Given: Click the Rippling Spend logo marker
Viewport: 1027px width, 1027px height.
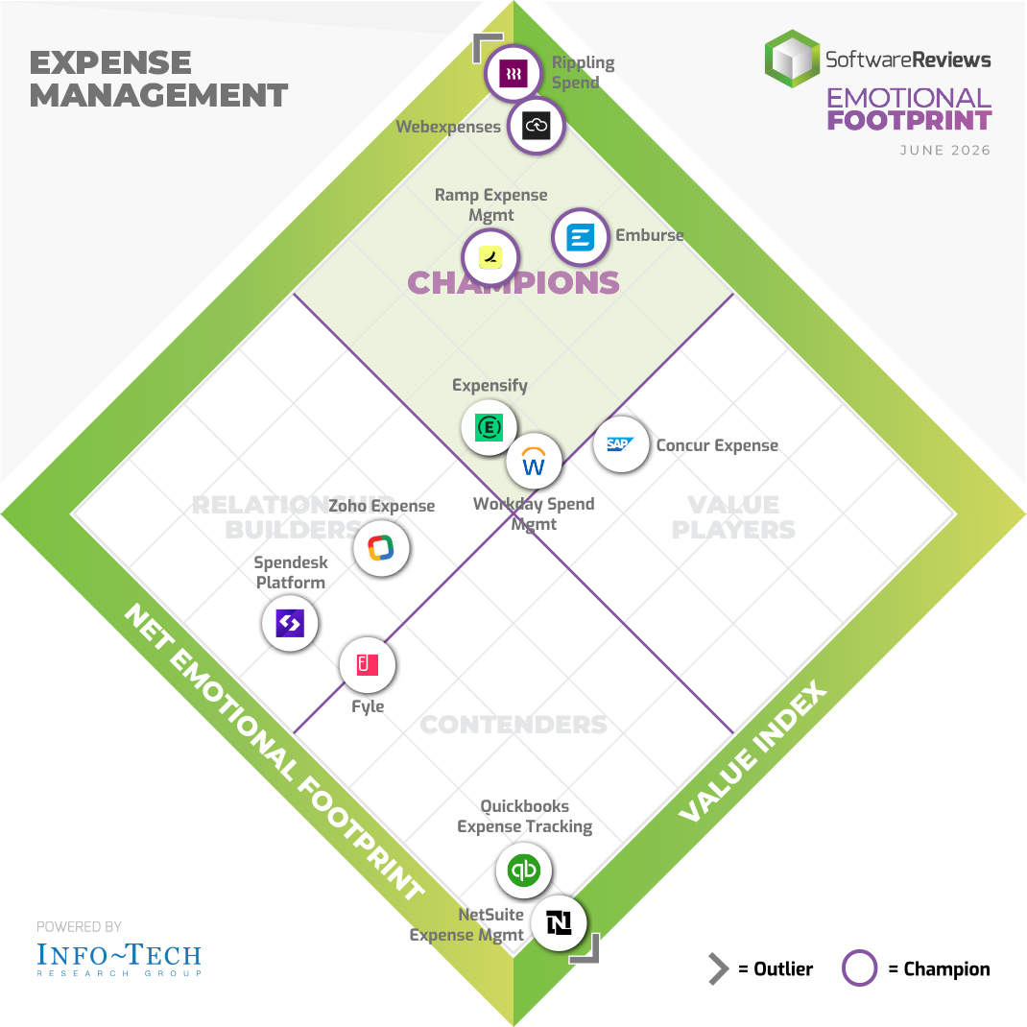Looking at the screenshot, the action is pos(513,73).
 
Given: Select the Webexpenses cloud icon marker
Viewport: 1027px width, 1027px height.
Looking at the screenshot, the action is pos(536,126).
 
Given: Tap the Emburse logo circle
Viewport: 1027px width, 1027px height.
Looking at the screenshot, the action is pos(580,237).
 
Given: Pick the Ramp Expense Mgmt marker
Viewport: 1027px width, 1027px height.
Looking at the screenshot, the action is pos(490,257).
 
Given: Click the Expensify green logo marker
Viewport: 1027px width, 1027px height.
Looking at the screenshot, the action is pos(489,428).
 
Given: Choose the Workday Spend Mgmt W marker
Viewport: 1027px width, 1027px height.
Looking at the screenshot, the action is pos(534,461).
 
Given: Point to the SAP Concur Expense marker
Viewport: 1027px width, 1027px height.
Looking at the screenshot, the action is pos(621,444).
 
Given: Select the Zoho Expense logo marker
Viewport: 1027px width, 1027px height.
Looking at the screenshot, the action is pos(381,548).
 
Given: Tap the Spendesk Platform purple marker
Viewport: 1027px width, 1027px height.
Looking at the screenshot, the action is pos(290,623).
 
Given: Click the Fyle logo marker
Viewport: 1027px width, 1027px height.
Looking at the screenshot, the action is pos(368,665).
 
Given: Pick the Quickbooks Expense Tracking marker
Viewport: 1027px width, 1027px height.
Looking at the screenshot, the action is pos(523,871).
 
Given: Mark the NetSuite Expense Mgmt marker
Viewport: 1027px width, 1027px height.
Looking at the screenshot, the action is pos(558,922).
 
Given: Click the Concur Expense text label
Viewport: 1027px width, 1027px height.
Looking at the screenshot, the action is pos(717,445).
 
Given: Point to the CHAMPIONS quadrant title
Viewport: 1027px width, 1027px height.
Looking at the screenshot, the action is pos(513,283).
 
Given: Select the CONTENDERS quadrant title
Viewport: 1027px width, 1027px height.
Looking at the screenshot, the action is pos(513,725).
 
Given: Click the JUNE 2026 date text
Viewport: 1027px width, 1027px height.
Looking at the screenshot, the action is pos(945,150).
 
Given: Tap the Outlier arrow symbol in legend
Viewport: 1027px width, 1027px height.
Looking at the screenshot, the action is pos(719,968).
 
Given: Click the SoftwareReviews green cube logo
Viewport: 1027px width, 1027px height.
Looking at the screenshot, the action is pos(793,59).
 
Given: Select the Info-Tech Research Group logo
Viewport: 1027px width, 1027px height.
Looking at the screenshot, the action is pos(119,959).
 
